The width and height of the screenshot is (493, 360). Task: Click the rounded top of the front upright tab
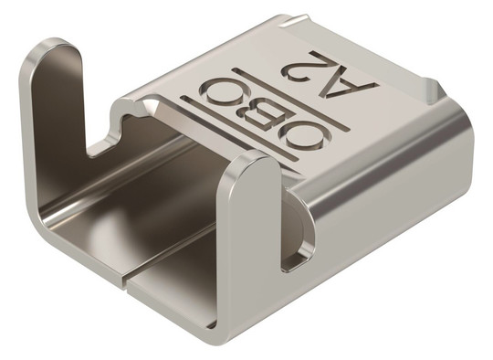coord(256,161)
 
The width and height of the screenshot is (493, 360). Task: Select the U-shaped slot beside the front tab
coord(297,233)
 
